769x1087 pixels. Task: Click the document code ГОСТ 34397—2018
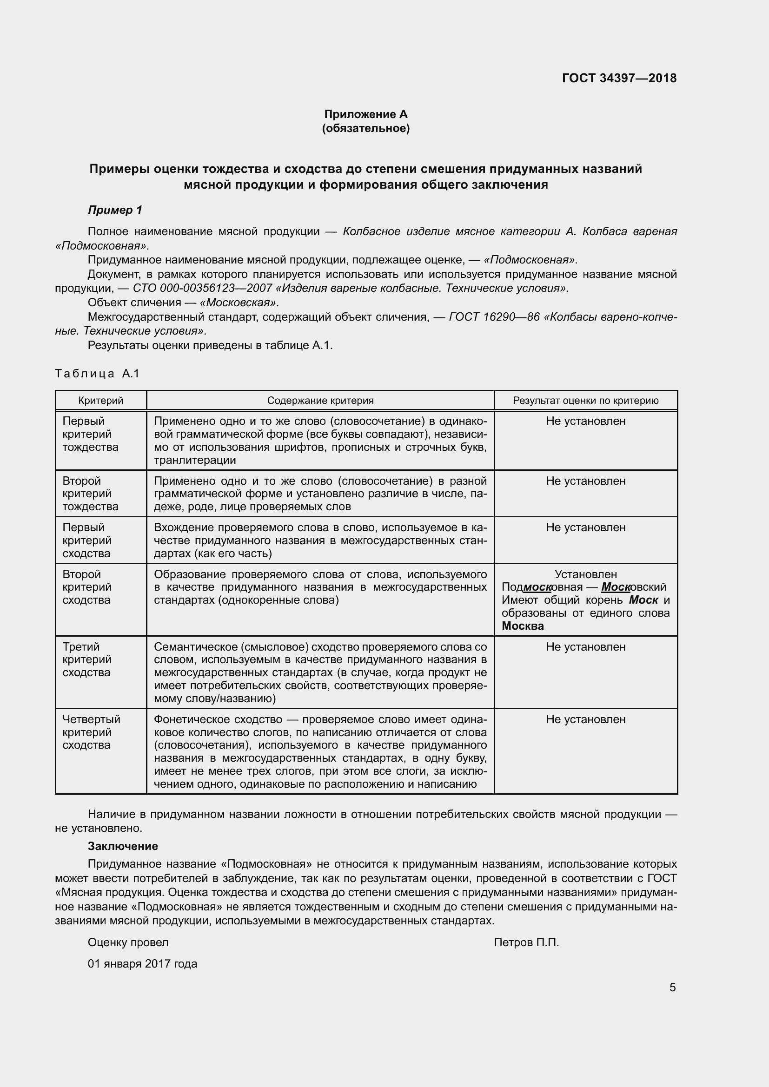[x=619, y=78]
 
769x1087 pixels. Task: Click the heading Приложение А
[x=365, y=114]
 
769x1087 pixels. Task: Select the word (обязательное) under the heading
[x=365, y=128]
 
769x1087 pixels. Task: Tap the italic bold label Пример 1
[x=115, y=210]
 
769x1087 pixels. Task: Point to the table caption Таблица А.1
[x=98, y=374]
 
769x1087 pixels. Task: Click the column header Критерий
[x=100, y=401]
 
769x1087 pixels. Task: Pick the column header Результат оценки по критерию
[x=585, y=401]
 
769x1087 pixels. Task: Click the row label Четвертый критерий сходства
[x=92, y=732]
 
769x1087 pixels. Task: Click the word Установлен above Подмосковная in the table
[x=585, y=574]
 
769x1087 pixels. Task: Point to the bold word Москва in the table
[x=522, y=626]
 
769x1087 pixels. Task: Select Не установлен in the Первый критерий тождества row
[x=585, y=421]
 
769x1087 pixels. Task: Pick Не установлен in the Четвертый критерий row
[x=585, y=719]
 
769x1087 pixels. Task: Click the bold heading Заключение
[x=123, y=846]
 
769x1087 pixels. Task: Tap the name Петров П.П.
[x=526, y=942]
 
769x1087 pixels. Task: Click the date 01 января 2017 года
[x=142, y=964]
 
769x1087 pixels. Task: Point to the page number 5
[x=672, y=988]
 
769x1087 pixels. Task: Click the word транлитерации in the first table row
[x=195, y=460]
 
